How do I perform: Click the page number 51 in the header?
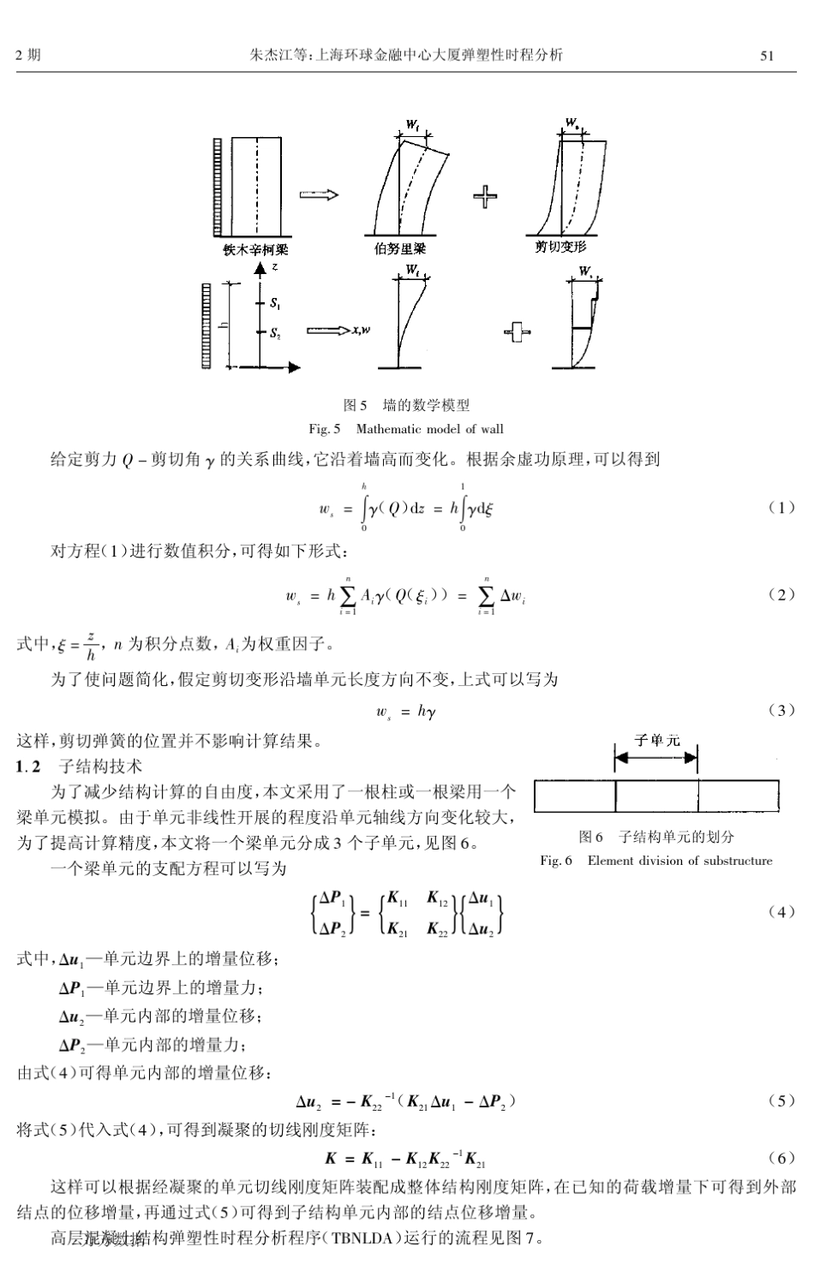pyautogui.click(x=767, y=57)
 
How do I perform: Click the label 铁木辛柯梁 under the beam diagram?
pyautogui.click(x=255, y=250)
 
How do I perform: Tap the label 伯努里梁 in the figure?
pyautogui.click(x=400, y=249)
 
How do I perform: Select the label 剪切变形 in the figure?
pyautogui.click(x=561, y=247)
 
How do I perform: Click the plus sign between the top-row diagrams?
pyautogui.click(x=485, y=197)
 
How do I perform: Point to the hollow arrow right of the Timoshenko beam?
pyautogui.click(x=319, y=195)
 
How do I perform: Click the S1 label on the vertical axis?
pyautogui.click(x=274, y=303)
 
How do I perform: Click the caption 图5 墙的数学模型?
pyautogui.click(x=406, y=405)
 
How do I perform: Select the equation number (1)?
pyautogui.click(x=781, y=508)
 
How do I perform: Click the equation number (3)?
pyautogui.click(x=781, y=710)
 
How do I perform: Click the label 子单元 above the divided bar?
pyautogui.click(x=656, y=739)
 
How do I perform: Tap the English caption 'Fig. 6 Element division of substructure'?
pyautogui.click(x=656, y=861)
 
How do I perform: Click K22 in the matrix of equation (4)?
pyautogui.click(x=438, y=927)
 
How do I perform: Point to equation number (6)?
pyautogui.click(x=781, y=1159)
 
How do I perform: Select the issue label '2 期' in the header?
pyautogui.click(x=28, y=57)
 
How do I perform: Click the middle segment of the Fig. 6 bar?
pyautogui.click(x=656, y=796)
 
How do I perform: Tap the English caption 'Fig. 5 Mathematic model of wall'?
pyautogui.click(x=406, y=428)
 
